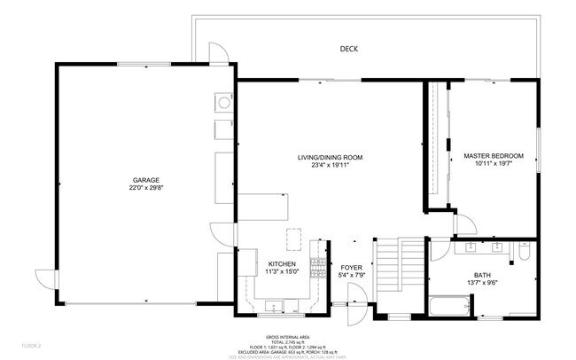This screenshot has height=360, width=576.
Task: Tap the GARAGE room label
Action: tap(146, 180)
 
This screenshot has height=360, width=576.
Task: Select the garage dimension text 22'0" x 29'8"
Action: tap(146, 188)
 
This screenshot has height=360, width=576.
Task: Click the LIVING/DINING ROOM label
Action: tap(330, 157)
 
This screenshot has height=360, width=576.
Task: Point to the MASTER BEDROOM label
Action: tap(494, 156)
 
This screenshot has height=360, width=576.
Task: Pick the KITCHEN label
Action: tap(282, 264)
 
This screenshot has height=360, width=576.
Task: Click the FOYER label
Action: tap(352, 267)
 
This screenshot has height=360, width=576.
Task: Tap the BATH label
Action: tap(481, 276)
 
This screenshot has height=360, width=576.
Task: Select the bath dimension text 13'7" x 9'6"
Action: tap(481, 284)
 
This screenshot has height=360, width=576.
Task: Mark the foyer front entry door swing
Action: tap(356, 301)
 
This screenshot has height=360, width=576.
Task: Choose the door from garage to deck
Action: tap(219, 53)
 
